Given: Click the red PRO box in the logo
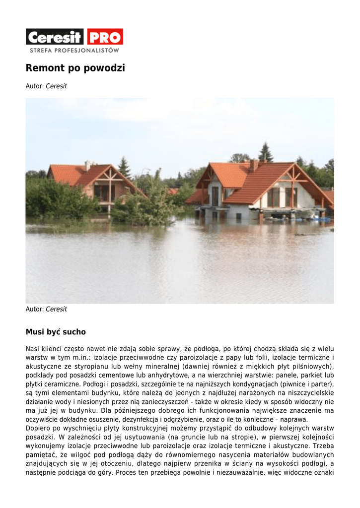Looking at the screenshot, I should (x=105, y=37).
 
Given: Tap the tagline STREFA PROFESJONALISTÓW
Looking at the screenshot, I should (x=74, y=50).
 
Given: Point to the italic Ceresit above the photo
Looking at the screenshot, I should (x=56, y=86).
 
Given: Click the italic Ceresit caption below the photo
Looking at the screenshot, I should (x=56, y=309).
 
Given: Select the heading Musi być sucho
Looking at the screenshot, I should (x=56, y=332).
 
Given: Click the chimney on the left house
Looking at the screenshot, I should (x=88, y=165).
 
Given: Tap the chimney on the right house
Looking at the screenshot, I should (x=254, y=165).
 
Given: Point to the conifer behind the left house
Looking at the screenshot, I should (x=124, y=167).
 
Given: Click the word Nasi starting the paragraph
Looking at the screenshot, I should (x=33, y=349).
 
